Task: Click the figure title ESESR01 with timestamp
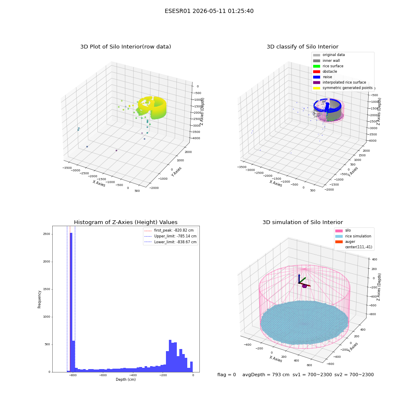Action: [x=209, y=11]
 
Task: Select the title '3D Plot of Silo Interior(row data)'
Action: [x=125, y=47]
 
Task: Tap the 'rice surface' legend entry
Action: [x=328, y=66]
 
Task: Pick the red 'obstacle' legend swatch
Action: [x=316, y=72]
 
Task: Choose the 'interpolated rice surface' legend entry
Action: [x=339, y=82]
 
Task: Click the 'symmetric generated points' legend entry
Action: [x=343, y=88]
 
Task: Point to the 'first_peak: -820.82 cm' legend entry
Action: [x=169, y=230]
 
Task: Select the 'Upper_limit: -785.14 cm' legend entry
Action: [x=171, y=236]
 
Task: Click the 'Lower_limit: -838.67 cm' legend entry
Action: [x=171, y=242]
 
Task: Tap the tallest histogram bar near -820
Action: [x=71, y=302]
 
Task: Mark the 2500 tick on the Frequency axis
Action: [x=46, y=234]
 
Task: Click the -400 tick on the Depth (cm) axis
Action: [x=133, y=375]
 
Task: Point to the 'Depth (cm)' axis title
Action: [x=125, y=380]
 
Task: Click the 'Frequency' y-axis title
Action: [x=39, y=299]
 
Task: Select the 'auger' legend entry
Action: [x=345, y=242]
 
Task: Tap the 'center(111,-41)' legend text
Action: [x=359, y=247]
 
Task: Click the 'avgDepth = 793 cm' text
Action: [x=266, y=375]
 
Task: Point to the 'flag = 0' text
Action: [x=227, y=375]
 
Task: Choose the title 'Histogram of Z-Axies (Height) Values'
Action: [x=125, y=222]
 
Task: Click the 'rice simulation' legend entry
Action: [x=353, y=236]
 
